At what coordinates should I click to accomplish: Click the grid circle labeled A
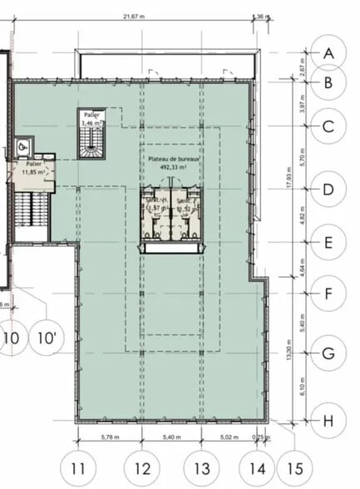tap(328, 53)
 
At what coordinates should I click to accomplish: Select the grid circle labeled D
tap(328, 190)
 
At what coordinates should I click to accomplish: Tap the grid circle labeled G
tap(328, 354)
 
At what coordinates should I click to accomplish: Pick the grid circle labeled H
tap(328, 421)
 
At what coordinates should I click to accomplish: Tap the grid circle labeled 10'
tap(46, 338)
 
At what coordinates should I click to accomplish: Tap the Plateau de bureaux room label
tap(173, 157)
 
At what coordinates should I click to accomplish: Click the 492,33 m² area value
tap(175, 165)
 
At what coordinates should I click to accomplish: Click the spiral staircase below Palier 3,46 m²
tap(89, 143)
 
